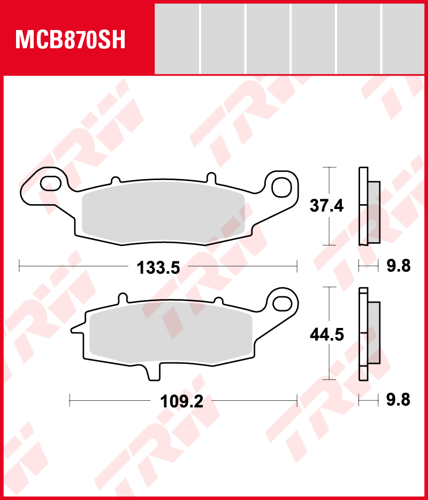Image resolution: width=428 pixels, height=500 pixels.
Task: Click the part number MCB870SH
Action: tap(71, 40)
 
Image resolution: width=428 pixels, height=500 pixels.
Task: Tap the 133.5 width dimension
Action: tap(158, 268)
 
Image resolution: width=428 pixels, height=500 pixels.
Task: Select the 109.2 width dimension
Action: tap(182, 401)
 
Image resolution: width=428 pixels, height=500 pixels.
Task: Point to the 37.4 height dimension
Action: tap(327, 206)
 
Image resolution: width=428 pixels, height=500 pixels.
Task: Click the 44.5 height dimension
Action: tap(327, 335)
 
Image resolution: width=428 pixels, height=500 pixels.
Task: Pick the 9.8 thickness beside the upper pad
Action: tap(399, 266)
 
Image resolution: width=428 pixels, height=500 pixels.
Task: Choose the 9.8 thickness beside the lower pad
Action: tap(399, 400)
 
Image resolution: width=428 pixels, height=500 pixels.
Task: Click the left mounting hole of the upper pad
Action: tap(50, 183)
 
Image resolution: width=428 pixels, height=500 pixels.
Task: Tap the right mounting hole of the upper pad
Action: tap(281, 187)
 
